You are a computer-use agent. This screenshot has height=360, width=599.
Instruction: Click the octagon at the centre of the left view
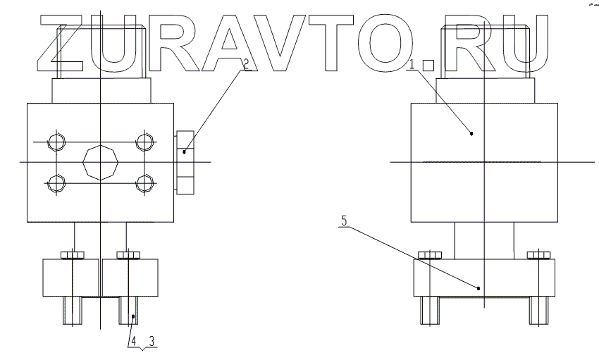[x=101, y=163]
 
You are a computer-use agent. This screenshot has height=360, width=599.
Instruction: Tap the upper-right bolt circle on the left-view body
[x=146, y=143]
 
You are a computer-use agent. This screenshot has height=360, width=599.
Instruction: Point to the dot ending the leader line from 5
[x=479, y=287]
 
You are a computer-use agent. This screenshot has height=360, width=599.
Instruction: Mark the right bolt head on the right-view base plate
[x=538, y=254]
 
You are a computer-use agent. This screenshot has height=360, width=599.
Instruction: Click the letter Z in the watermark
[x=63, y=44]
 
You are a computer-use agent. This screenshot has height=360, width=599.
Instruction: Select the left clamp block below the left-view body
[x=70, y=278]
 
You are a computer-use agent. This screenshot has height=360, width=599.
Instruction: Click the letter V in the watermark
[x=271, y=44]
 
